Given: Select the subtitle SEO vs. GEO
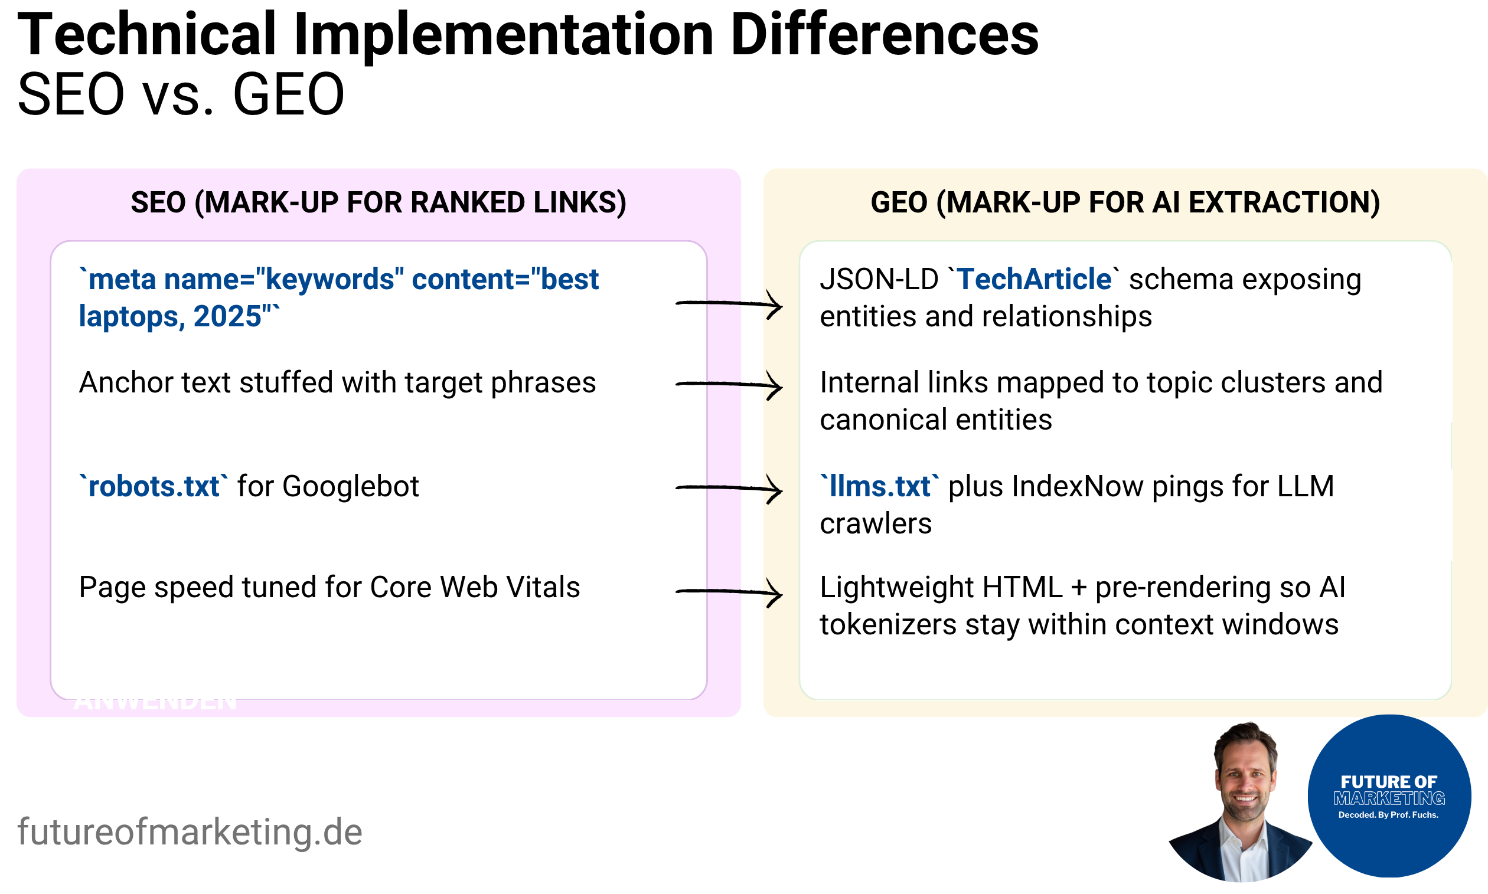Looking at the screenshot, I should click(181, 94).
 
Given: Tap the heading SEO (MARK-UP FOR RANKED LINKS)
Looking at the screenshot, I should click(378, 202).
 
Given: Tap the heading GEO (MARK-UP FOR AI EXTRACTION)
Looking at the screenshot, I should click(1125, 202).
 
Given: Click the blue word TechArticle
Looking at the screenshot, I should click(1033, 280).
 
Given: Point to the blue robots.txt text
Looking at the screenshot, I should click(154, 486).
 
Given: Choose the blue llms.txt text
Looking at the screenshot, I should click(879, 486).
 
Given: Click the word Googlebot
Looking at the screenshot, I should click(350, 486).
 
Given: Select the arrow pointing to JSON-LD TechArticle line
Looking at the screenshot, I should click(729, 303).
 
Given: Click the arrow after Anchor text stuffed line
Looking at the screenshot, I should click(729, 384).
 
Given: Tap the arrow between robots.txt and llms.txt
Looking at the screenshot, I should click(729, 487).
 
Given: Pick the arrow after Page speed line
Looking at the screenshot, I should click(729, 592).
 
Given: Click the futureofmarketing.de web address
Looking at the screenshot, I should click(190, 831).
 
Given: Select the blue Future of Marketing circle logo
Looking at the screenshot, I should click(1389, 795).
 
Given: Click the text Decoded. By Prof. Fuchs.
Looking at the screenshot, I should click(1388, 815).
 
